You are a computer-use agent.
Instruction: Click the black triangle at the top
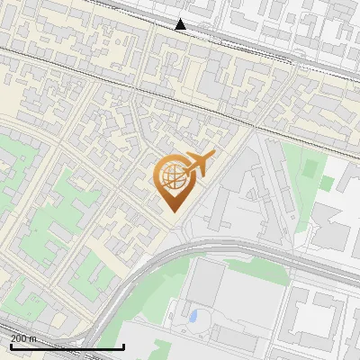tap(181, 24)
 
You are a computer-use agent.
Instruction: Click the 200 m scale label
tap(24, 337)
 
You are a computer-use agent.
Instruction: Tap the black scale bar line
tap(67, 346)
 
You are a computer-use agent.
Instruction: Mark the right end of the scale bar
tap(123, 346)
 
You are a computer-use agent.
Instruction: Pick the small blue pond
tap(193, 317)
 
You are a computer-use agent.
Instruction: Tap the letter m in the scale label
tap(34, 338)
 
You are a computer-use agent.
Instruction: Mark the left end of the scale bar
tap(11, 346)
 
